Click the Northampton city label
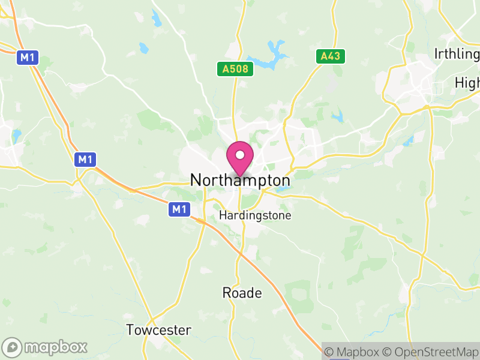coord(240,180)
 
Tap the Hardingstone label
coord(256,215)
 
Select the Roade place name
coord(242,293)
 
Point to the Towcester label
coord(158,330)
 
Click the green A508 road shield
coord(235,70)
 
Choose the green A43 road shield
coord(329,56)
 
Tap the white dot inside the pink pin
coord(240,155)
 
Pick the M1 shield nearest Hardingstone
coord(179,209)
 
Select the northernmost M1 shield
coord(26,57)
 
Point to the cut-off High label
coord(467,82)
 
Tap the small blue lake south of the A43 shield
coord(338,115)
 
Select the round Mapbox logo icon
coord(13,347)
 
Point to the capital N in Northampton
coord(196,180)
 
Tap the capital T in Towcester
coord(130,330)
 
